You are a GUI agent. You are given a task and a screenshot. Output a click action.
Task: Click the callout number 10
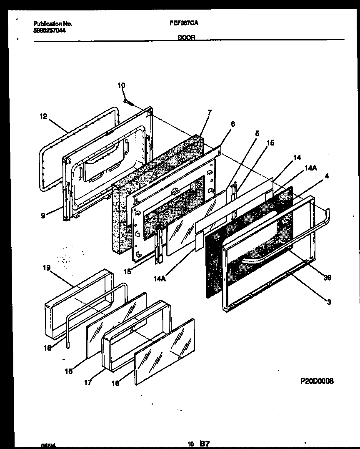121,85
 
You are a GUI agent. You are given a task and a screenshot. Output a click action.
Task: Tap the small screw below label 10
127,101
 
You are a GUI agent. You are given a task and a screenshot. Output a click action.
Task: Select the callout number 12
44,117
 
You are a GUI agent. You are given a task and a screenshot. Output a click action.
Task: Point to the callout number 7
209,112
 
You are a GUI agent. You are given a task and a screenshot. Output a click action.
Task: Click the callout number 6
232,124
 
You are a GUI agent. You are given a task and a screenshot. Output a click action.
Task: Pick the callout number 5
257,133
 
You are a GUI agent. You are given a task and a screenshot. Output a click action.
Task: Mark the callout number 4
327,176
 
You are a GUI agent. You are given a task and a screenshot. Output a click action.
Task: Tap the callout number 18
48,348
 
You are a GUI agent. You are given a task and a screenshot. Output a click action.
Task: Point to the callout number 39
327,278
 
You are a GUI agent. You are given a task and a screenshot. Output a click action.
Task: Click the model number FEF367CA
184,24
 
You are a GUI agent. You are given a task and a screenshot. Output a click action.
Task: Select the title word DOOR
187,37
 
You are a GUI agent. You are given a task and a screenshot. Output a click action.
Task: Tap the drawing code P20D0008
317,381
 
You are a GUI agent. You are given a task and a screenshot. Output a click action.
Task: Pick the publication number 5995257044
49,30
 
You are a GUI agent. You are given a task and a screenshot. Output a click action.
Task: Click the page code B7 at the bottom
204,444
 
